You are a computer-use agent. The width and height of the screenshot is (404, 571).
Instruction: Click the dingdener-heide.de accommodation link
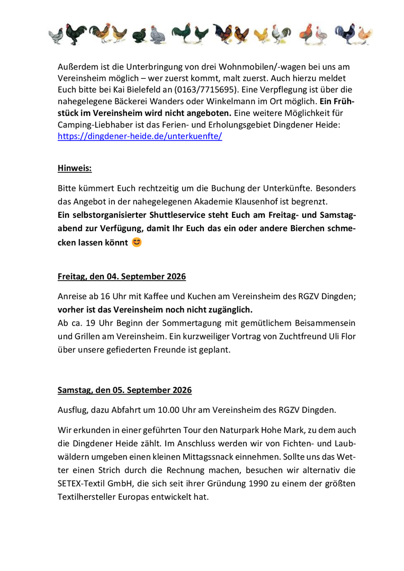pos(140,136)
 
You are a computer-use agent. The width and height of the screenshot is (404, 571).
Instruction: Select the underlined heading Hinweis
pos(75,169)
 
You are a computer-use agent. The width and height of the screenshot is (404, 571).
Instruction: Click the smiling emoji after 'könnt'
pos(137,243)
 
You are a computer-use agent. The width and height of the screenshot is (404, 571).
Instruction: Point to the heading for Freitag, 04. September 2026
pos(122,277)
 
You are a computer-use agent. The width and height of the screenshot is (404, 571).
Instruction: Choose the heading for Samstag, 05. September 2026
pos(124,390)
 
